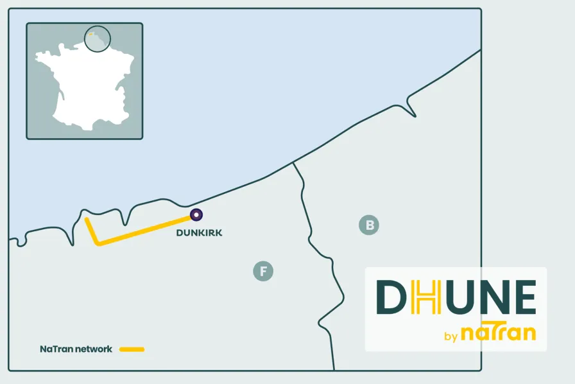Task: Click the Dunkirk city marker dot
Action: tap(196, 215)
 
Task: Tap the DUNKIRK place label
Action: tap(199, 232)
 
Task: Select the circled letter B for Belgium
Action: tap(369, 225)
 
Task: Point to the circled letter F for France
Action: tap(263, 271)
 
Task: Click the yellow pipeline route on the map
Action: tap(144, 230)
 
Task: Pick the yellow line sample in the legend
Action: tap(132, 349)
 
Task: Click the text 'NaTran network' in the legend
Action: tap(76, 349)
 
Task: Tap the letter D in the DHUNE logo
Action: tap(392, 297)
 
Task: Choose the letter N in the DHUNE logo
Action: tap(492, 297)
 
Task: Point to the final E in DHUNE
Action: tap(524, 297)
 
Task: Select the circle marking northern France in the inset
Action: tap(98, 39)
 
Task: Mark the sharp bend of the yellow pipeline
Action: tap(96, 243)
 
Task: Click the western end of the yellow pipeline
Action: tap(87, 220)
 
